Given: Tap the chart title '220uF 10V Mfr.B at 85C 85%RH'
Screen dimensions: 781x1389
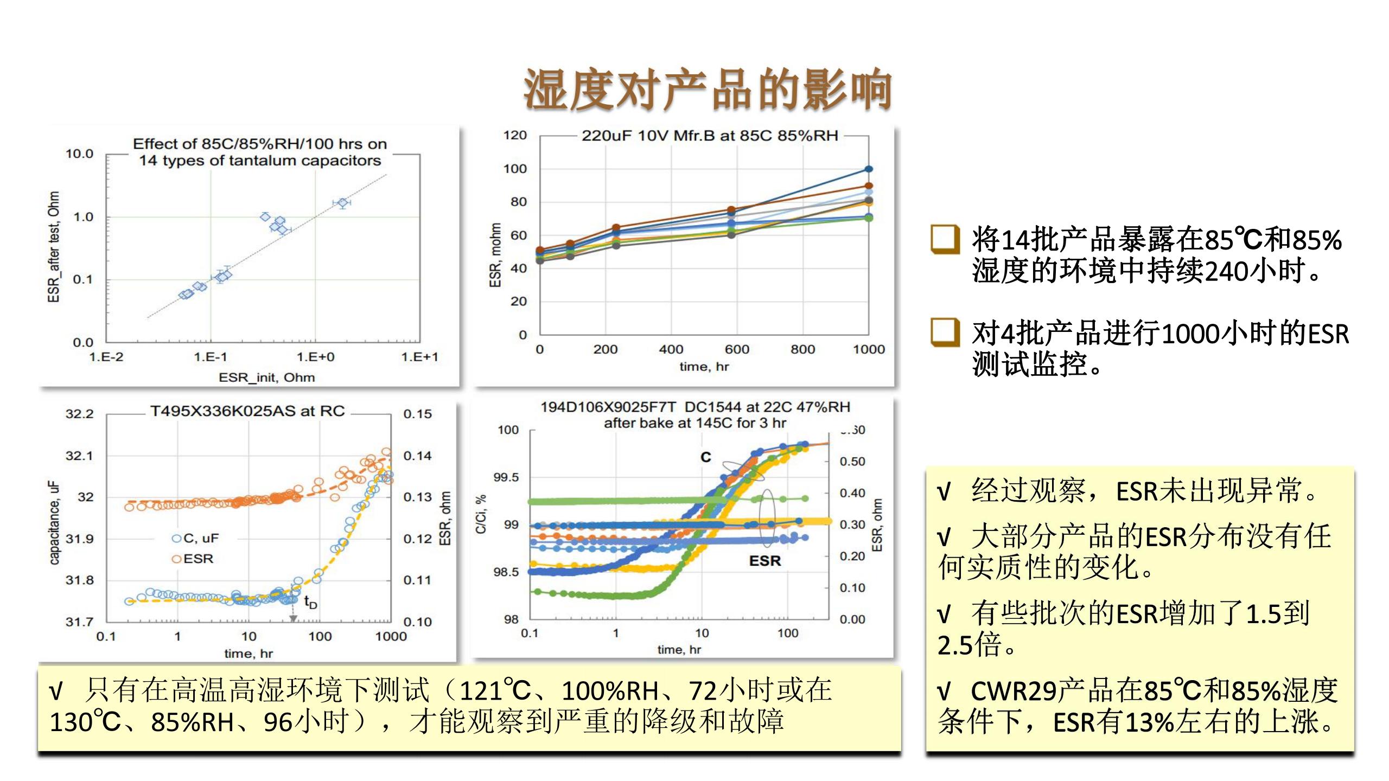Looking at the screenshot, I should (710, 136).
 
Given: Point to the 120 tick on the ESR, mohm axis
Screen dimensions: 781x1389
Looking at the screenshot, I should (514, 136).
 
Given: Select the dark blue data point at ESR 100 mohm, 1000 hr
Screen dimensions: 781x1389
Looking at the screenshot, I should (868, 169).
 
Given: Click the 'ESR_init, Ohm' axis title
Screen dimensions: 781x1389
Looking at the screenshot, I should (266, 377).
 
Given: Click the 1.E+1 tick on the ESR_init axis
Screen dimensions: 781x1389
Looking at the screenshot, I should (419, 357).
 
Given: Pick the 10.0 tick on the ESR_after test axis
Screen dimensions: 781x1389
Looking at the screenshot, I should (80, 154).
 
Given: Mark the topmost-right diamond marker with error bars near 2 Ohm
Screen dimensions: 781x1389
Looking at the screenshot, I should (342, 203).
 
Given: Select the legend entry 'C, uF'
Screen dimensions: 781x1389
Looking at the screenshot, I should (195, 539).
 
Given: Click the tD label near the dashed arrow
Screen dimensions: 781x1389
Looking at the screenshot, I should (310, 602).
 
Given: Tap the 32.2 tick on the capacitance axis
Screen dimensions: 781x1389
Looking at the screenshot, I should (80, 414).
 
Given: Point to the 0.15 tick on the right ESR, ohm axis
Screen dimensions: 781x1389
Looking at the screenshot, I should (417, 414).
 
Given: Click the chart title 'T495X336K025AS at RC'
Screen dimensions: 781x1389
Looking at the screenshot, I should (247, 411).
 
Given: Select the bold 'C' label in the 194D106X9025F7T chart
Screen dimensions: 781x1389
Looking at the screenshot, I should (705, 457).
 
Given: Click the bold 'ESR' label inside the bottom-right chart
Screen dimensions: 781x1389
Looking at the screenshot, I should (764, 561).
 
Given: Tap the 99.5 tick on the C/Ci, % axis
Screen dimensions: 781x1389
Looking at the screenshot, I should (506, 477).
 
